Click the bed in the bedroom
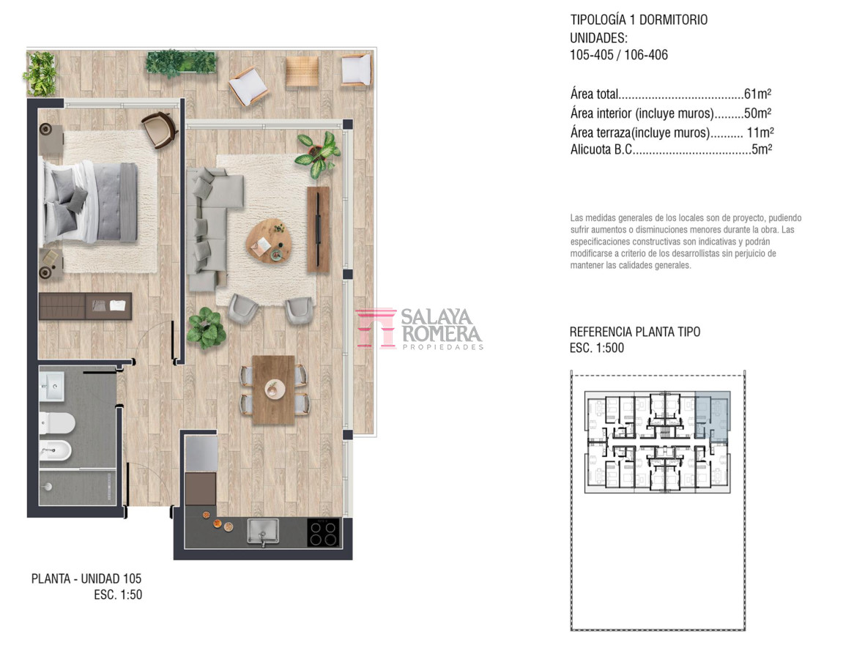tap(89, 201)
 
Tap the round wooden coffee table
tap(269, 241)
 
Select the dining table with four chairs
tap(274, 390)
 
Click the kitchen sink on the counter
tap(263, 531)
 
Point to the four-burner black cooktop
tap(324, 532)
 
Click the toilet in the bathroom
tap(56, 422)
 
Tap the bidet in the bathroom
tap(55, 450)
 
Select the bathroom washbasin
tap(51, 386)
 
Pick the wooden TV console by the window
tap(318, 229)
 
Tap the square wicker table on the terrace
tap(302, 71)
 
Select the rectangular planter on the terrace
tap(181, 62)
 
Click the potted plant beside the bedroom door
tap(206, 328)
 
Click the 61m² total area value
tap(757, 94)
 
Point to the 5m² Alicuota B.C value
tap(761, 149)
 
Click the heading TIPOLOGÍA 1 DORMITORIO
tap(639, 20)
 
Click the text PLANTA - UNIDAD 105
tap(86, 578)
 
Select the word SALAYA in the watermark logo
tap(436, 316)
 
